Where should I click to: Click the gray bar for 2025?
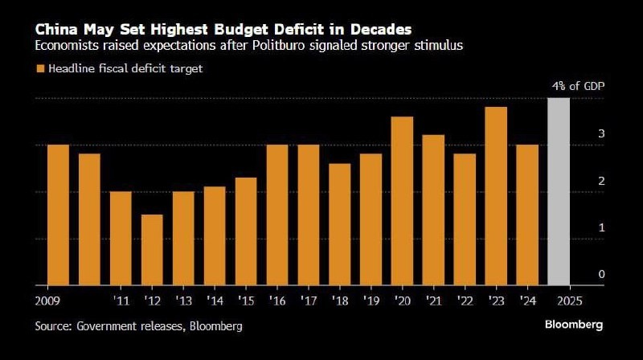(559, 191)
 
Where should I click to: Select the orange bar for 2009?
(58, 215)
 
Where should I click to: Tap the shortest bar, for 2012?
(152, 249)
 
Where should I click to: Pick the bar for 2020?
(402, 201)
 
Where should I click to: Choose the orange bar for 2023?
(496, 196)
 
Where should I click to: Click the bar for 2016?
(277, 215)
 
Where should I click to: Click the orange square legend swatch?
(39, 69)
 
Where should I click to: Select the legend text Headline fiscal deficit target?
(125, 69)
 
